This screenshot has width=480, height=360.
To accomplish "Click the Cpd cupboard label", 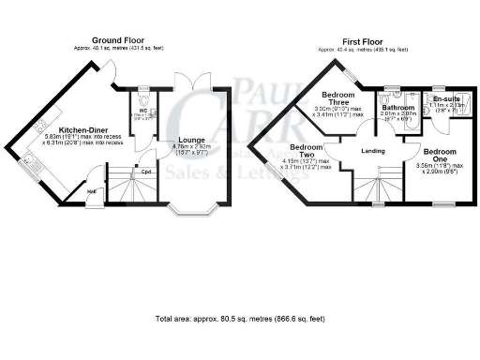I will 147,172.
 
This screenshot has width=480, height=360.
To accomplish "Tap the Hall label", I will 93,191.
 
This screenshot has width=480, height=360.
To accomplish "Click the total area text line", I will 240,319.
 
